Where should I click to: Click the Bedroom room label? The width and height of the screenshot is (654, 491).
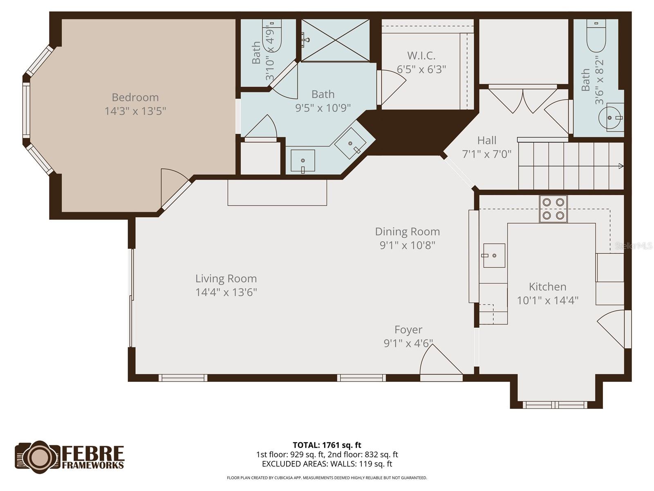135,97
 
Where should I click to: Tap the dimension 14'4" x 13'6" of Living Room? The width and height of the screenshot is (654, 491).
226,292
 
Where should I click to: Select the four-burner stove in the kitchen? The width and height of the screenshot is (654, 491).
553,209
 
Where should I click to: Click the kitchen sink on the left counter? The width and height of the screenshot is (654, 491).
494,255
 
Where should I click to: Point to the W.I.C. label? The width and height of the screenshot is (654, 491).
421,56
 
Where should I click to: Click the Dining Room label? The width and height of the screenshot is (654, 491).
408,232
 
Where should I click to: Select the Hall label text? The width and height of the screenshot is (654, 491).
486,140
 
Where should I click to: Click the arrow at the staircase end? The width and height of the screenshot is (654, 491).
620,166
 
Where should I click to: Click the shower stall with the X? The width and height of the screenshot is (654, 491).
335,40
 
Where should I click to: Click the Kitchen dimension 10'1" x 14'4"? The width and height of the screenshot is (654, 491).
547,300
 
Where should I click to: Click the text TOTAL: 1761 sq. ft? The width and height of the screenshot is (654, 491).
327,445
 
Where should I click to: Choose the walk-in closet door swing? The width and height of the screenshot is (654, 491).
392,87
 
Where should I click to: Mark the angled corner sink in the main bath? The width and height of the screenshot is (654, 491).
351,143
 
